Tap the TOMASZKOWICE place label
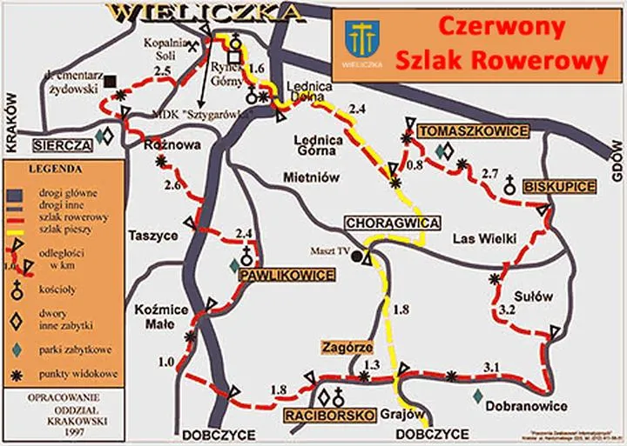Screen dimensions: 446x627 coord(474,130)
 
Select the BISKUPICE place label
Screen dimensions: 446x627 coord(559,187)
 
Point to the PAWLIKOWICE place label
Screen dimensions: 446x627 coord(286,276)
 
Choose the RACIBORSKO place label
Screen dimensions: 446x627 coord(329,414)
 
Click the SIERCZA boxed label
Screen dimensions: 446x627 coord(62,144)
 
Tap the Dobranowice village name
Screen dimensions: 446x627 coord(528,406)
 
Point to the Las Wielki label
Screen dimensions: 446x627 coord(484,238)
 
